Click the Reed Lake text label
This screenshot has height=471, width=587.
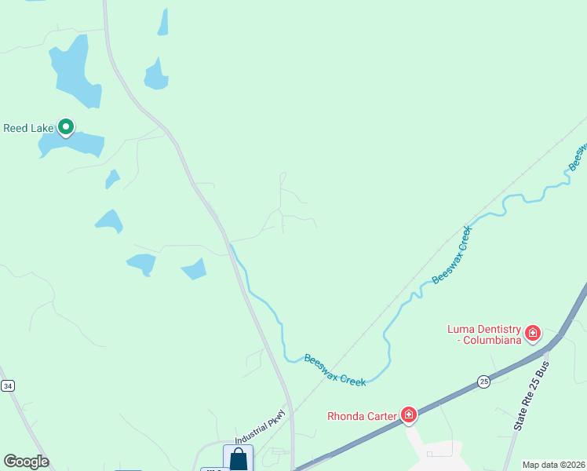point(28,128)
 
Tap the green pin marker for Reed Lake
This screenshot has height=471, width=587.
point(67,126)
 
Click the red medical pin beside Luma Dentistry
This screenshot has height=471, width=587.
point(533,333)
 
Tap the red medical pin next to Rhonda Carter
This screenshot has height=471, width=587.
point(408,414)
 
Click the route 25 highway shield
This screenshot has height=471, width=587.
point(483,381)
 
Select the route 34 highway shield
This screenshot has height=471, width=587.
point(7,385)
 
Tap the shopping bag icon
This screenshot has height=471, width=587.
point(239,458)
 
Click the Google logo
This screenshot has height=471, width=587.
point(26,462)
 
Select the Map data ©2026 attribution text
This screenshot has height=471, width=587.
point(553,465)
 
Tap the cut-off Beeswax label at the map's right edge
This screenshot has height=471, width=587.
point(578,156)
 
